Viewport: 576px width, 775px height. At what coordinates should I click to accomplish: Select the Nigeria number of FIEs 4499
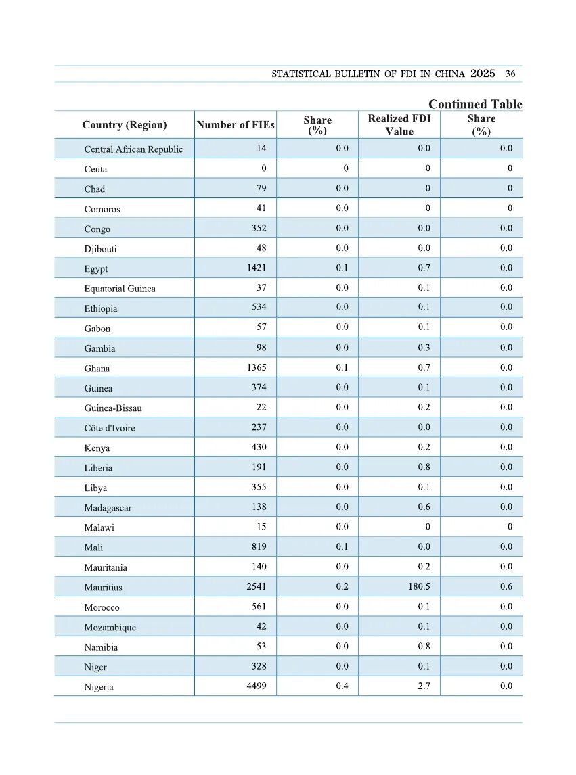(x=257, y=686)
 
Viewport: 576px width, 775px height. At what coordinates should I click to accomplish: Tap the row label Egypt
(x=96, y=269)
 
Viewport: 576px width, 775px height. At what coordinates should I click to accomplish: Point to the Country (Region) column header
(x=124, y=125)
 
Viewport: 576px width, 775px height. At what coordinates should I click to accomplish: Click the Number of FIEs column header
(x=236, y=125)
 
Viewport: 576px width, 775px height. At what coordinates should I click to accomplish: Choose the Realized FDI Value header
(x=399, y=125)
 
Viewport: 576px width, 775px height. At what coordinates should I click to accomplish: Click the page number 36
(x=510, y=74)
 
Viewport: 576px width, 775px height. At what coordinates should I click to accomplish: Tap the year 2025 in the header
(x=483, y=74)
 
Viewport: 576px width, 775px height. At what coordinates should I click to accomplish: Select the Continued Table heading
(x=475, y=104)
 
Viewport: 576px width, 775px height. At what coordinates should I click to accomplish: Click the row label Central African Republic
(x=133, y=149)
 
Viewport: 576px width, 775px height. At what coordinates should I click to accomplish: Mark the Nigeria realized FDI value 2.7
(x=424, y=686)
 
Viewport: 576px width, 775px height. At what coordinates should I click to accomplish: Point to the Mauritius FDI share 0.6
(x=506, y=587)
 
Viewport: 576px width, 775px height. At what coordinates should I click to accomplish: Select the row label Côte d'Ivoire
(x=110, y=428)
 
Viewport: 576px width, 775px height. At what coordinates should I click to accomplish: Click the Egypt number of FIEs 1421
(x=257, y=268)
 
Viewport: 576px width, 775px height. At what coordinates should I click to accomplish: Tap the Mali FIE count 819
(x=259, y=547)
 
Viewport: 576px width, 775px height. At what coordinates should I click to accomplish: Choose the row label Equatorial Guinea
(x=120, y=289)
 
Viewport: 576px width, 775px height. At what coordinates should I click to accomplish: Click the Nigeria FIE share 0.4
(x=342, y=686)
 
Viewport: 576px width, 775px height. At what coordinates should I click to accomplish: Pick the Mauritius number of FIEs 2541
(x=257, y=587)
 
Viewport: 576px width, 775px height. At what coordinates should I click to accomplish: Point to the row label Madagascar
(x=108, y=508)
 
